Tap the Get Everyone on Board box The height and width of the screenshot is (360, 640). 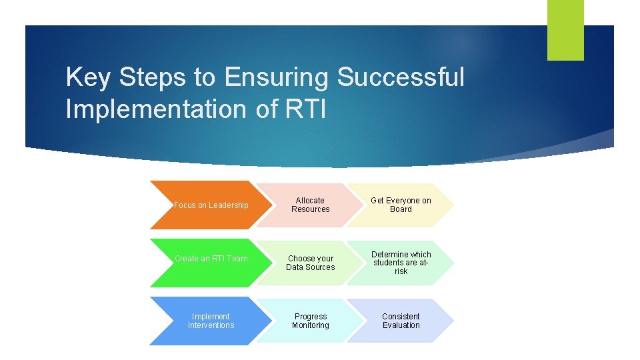pyautogui.click(x=400, y=205)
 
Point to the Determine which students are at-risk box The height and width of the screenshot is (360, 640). pyautogui.click(x=400, y=263)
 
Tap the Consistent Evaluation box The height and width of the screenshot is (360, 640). pyautogui.click(x=400, y=321)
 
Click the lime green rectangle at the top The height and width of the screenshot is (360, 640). pyautogui.click(x=565, y=29)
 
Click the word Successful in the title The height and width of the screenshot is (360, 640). pyautogui.click(x=401, y=77)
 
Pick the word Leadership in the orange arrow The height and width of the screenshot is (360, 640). pyautogui.click(x=228, y=205)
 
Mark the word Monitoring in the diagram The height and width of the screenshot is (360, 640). pyautogui.click(x=311, y=325)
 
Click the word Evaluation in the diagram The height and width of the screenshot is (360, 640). pyautogui.click(x=401, y=325)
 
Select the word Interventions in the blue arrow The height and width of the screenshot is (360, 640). pyautogui.click(x=211, y=325)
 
